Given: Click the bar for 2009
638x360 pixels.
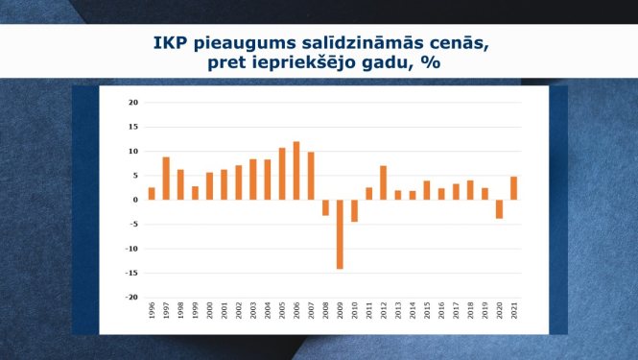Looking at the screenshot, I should coord(340,234).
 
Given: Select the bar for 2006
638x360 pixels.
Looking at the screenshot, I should coord(296,171).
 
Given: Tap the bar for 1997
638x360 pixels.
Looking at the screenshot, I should coord(166,179).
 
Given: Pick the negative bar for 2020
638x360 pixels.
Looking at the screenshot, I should coord(499,209).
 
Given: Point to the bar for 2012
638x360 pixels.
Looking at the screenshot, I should coord(383,182).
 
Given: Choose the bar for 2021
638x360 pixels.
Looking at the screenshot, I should coord(513,188).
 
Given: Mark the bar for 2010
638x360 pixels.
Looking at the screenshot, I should coord(354,210).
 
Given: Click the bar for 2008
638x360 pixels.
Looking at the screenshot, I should coord(325,207).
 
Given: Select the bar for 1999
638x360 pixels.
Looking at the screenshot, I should coord(195,193).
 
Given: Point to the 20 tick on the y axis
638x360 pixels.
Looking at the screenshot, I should coord(133,103).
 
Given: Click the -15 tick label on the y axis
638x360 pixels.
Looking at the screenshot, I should coord(131,273).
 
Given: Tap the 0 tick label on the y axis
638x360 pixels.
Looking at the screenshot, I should coord(136,200).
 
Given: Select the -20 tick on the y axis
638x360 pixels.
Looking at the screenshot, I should coord(131,297).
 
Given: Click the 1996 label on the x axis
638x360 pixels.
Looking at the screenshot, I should coord(152,314).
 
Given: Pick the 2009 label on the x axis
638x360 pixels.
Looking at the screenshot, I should coord(340,314).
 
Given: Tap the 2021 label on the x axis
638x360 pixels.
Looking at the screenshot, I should coord(513,314).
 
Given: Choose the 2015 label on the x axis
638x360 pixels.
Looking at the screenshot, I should coord(427,314).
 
